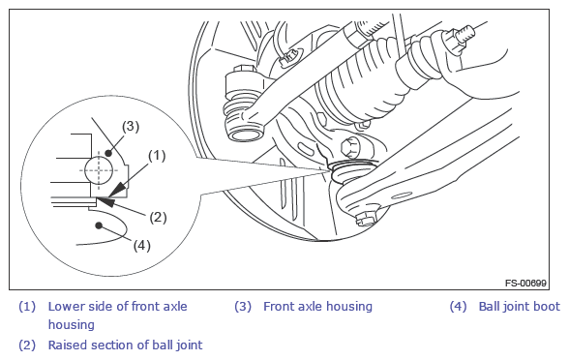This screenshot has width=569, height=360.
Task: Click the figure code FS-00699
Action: (525, 283)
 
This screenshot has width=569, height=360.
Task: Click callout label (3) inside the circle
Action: (131, 126)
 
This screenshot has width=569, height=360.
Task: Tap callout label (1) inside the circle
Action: (157, 156)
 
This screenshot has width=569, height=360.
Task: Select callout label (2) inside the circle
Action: (158, 218)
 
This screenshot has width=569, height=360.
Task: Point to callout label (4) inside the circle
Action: (141, 246)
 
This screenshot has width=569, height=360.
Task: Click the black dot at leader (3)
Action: (108, 153)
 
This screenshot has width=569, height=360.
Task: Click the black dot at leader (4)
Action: (99, 225)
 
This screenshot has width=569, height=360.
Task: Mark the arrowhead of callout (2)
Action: (105, 201)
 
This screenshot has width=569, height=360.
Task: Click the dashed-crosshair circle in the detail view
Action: (99, 170)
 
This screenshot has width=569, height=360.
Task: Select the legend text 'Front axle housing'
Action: (317, 307)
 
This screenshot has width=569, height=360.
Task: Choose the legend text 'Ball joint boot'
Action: (520, 307)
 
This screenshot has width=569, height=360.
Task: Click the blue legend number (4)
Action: (458, 307)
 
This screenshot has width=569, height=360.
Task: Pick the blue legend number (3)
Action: (243, 307)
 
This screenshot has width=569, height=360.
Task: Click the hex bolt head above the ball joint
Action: (350, 148)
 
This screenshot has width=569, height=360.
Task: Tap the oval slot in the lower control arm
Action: (401, 196)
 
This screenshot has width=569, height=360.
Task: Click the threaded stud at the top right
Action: (466, 34)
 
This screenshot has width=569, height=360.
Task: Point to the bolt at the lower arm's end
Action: (364, 221)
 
